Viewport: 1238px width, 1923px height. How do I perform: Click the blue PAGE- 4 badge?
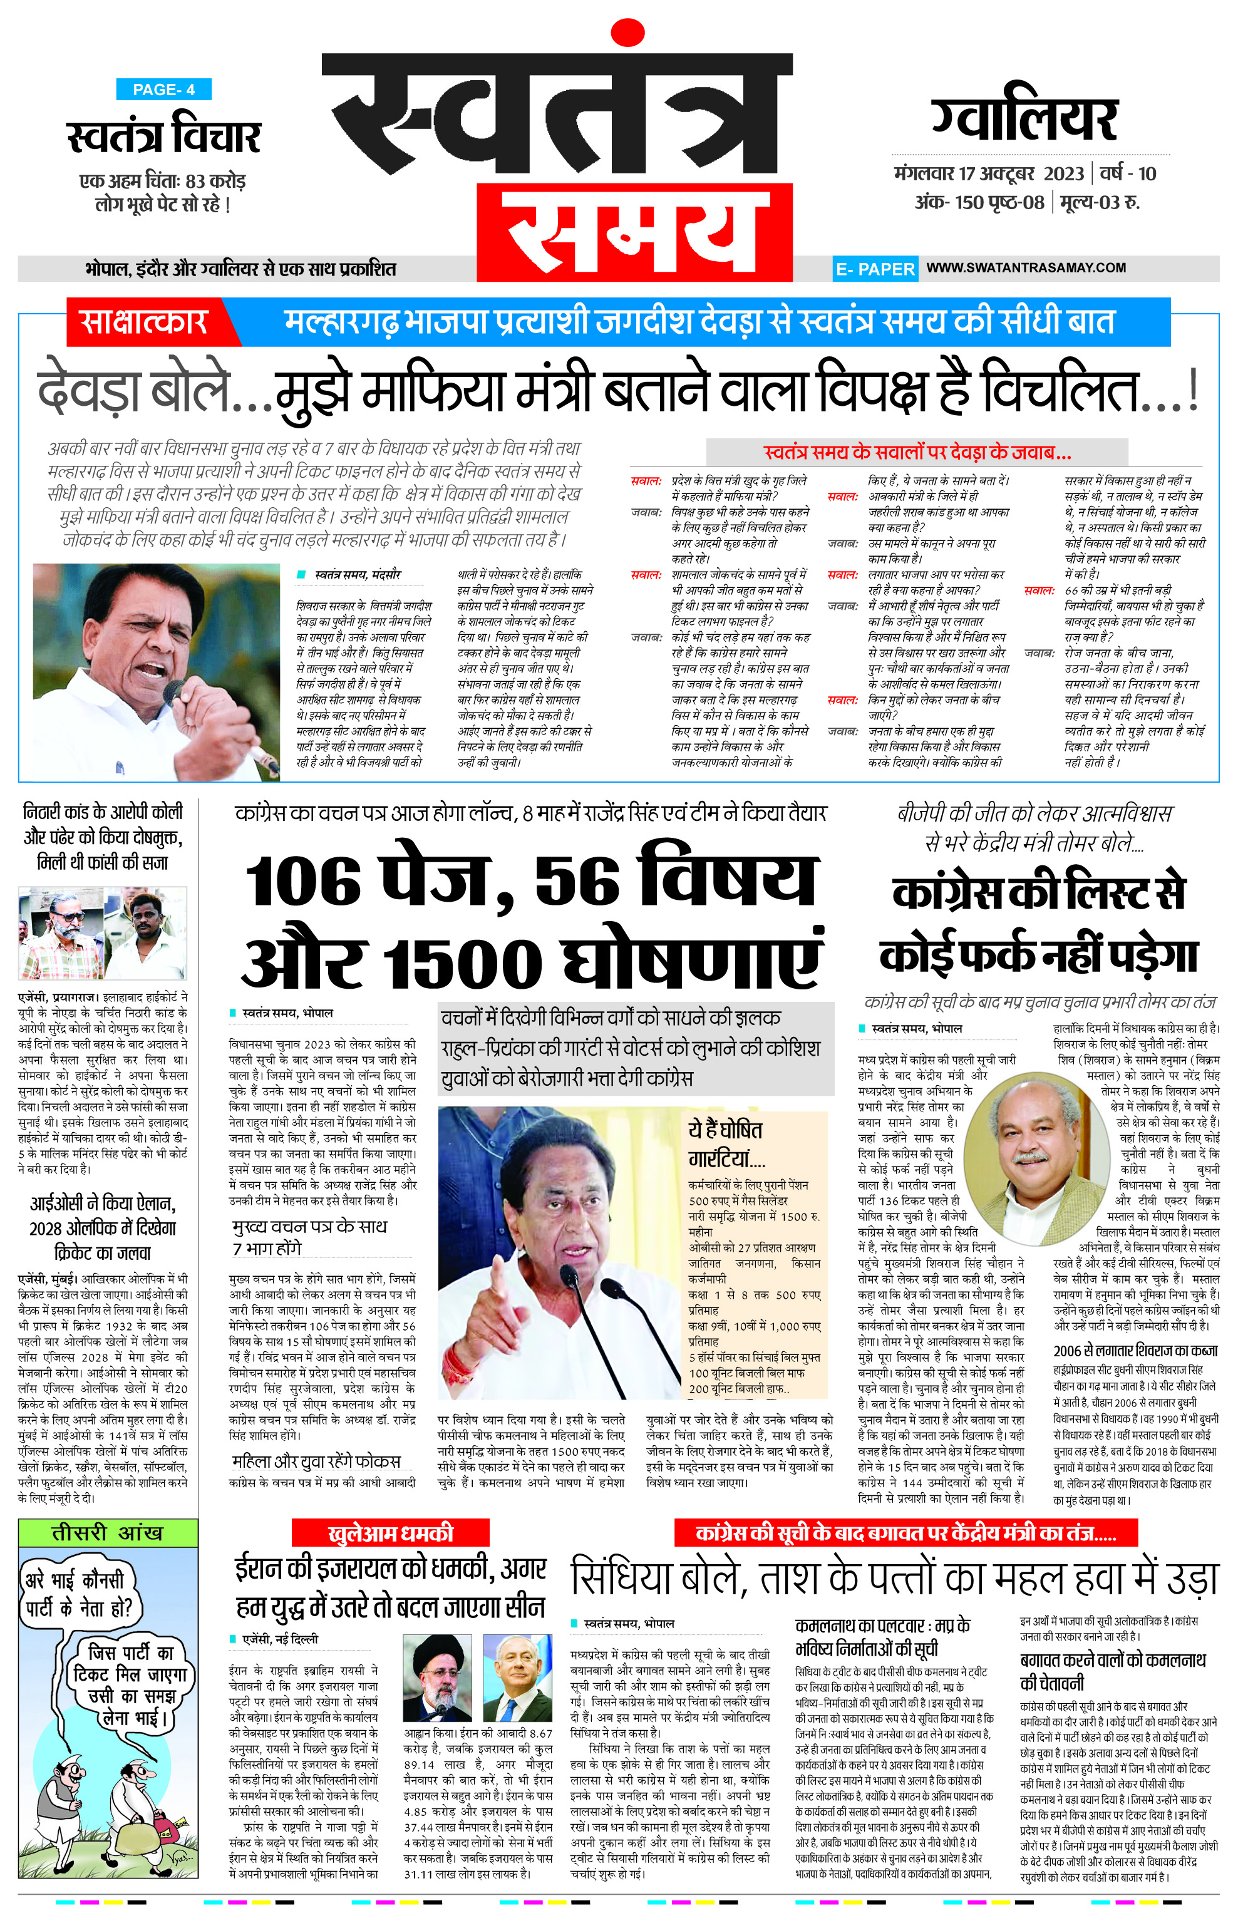163,90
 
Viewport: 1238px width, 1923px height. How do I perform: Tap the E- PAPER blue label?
875,269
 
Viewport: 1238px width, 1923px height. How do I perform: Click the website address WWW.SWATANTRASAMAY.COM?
1026,268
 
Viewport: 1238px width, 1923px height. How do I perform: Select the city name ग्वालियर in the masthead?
1024,120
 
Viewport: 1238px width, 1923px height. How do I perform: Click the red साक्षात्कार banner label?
145,322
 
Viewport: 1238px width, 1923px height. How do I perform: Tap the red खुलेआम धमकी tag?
391,1533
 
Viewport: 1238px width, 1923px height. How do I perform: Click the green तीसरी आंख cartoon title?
107,1533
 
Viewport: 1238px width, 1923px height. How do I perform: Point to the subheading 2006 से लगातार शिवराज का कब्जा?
1135,1351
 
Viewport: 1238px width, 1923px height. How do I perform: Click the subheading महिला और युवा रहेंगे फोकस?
316,1462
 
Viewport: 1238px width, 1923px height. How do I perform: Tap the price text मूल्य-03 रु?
1100,202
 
